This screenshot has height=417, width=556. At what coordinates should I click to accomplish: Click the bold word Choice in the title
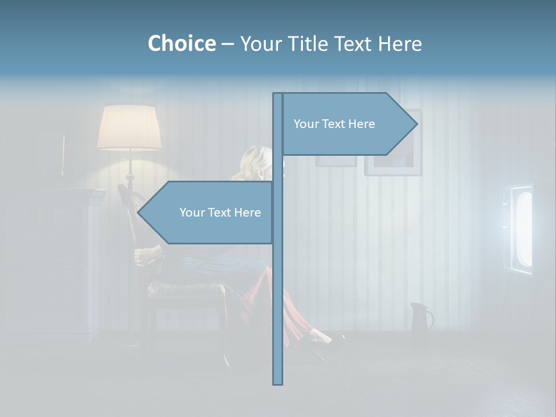click(x=181, y=43)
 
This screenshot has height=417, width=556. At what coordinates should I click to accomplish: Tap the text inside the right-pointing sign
click(x=334, y=124)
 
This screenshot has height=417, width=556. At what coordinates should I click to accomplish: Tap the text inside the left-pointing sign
click(x=220, y=213)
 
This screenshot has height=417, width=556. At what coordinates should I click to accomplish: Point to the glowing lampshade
click(x=129, y=128)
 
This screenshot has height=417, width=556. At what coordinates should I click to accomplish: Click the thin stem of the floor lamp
click(x=129, y=168)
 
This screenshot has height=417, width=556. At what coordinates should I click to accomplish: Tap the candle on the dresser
click(x=63, y=153)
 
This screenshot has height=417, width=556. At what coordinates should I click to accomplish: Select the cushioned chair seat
click(x=185, y=290)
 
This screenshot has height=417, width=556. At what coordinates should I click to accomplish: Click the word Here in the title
click(x=400, y=43)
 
